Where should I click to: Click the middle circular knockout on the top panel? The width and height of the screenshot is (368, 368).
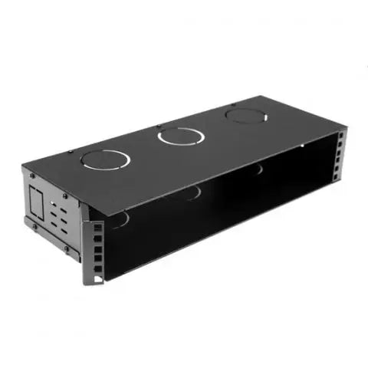[181, 137]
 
